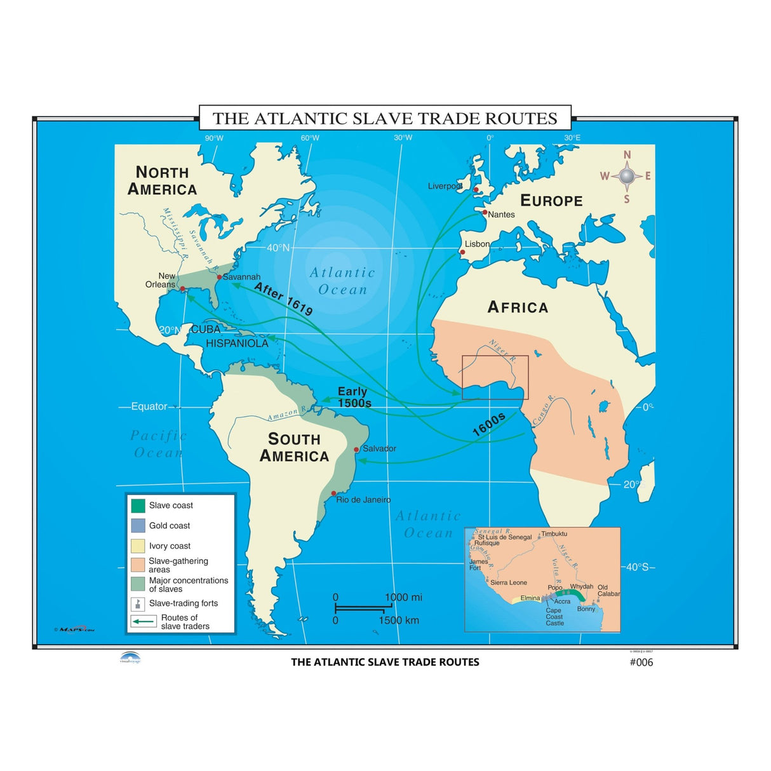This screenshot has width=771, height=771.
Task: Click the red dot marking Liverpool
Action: click(476, 189)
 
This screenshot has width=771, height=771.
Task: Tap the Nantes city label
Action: click(501, 215)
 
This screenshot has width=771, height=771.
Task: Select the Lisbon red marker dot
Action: click(462, 252)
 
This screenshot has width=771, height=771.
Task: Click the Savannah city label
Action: click(241, 277)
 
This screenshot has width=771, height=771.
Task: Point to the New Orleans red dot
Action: click(183, 289)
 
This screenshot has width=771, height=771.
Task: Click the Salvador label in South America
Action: click(379, 448)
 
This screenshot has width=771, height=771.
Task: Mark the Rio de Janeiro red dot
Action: click(333, 493)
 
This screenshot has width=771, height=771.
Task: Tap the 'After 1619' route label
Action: click(283, 299)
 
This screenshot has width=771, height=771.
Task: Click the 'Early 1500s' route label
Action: click(354, 398)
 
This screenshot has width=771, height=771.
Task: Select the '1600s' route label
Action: click(488, 424)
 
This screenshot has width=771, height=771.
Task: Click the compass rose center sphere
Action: click(627, 176)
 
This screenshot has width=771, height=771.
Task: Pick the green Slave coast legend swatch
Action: click(138, 506)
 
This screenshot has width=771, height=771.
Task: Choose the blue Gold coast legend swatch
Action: click(138, 526)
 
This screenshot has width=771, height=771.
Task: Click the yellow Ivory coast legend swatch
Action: click(138, 546)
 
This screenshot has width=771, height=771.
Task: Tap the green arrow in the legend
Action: click(144, 622)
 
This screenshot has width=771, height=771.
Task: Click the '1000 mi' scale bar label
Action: click(403, 598)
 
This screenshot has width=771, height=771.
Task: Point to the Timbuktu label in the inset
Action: click(554, 534)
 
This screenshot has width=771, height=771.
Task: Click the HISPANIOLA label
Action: click(237, 344)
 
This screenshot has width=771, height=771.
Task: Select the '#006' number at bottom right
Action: click(641, 662)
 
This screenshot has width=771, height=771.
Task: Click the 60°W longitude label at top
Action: click(310, 138)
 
